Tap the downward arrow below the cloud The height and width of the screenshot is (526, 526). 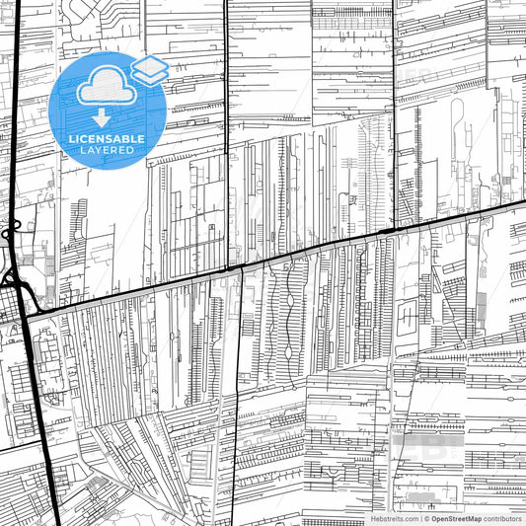point(101,117)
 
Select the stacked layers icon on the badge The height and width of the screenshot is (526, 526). point(149,71)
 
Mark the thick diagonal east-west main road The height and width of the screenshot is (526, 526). point(296,253)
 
